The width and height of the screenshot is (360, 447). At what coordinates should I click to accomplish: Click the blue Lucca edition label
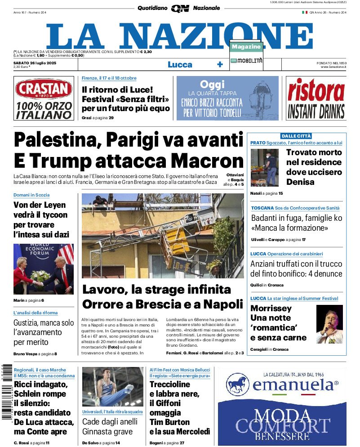[180, 65]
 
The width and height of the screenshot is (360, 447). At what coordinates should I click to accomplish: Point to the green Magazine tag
[246, 47]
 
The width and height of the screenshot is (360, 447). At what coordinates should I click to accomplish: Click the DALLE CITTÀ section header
[296, 136]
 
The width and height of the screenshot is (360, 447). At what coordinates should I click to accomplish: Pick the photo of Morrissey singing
[329, 324]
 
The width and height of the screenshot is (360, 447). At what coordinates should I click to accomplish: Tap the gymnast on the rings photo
[113, 387]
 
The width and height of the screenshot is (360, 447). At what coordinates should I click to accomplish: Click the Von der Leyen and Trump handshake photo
[44, 269]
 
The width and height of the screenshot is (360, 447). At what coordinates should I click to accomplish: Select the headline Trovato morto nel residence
[314, 167]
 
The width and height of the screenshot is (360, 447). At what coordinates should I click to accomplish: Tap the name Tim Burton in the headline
[169, 422]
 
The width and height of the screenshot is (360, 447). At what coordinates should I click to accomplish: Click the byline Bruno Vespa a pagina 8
[35, 354]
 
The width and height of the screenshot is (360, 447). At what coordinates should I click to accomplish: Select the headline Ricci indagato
[40, 384]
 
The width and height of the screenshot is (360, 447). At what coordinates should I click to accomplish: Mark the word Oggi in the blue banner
[212, 84]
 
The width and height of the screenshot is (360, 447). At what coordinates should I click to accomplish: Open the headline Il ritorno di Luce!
[117, 89]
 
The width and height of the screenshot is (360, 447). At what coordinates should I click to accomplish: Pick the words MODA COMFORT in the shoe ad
[283, 421]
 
